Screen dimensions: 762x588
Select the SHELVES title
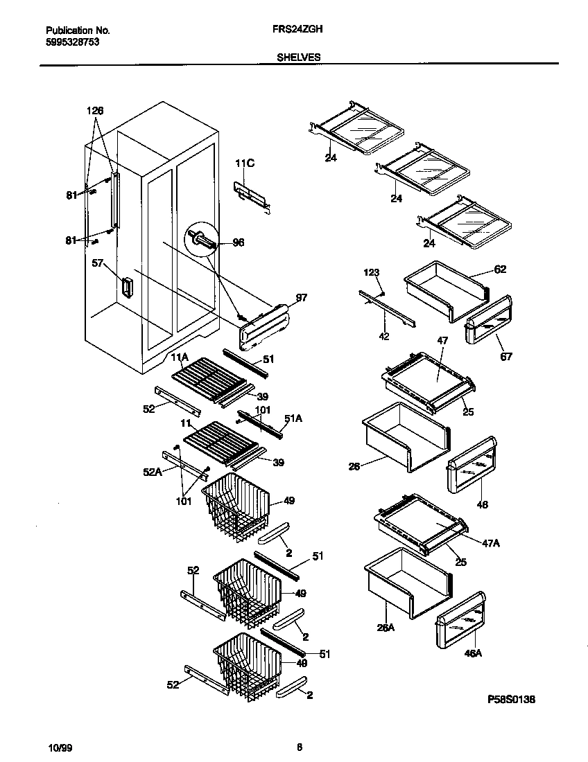click(x=299, y=57)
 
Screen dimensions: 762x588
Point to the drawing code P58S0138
click(x=511, y=699)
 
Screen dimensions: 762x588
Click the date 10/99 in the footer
click(x=60, y=747)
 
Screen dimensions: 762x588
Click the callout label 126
click(x=95, y=111)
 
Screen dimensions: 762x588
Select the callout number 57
click(x=97, y=263)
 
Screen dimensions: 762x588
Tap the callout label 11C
click(x=245, y=163)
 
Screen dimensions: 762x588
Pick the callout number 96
click(x=238, y=243)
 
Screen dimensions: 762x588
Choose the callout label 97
click(x=301, y=297)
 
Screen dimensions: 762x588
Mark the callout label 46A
click(x=473, y=652)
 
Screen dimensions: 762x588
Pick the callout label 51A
click(x=293, y=418)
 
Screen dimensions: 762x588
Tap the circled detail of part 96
click(x=202, y=240)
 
